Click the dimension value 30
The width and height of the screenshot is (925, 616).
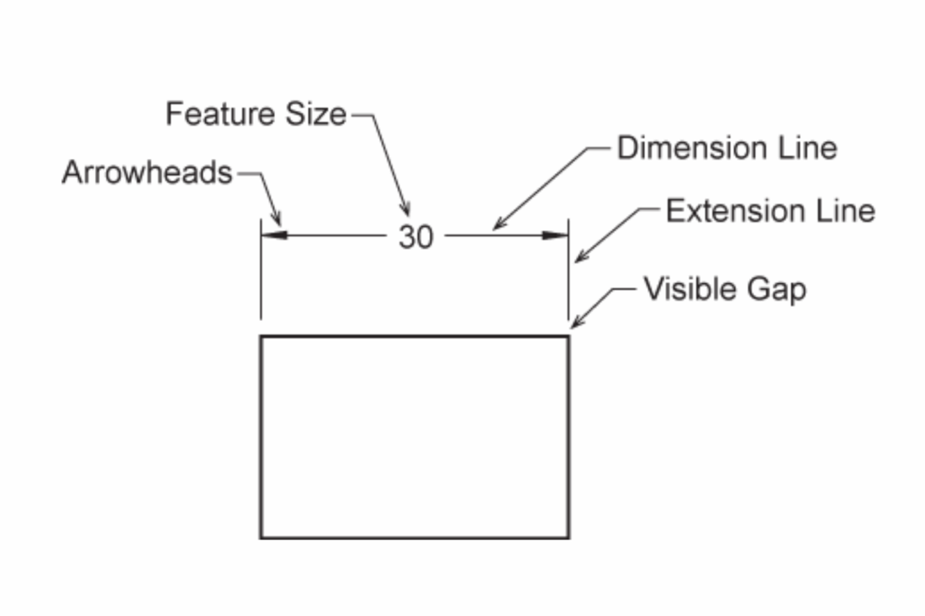416,237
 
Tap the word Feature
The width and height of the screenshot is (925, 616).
222,113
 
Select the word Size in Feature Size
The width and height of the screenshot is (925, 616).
315,113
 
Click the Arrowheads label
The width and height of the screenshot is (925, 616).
147,173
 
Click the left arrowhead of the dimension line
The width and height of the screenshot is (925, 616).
274,235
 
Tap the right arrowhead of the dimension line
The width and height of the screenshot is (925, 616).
555,235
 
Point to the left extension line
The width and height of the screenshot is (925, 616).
261,269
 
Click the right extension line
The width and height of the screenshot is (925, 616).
568,269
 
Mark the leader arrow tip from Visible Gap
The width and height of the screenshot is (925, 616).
572,328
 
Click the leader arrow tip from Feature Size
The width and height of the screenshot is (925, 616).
408,216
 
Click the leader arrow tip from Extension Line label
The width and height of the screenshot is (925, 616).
576,261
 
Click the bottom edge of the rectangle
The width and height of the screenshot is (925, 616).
415,538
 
